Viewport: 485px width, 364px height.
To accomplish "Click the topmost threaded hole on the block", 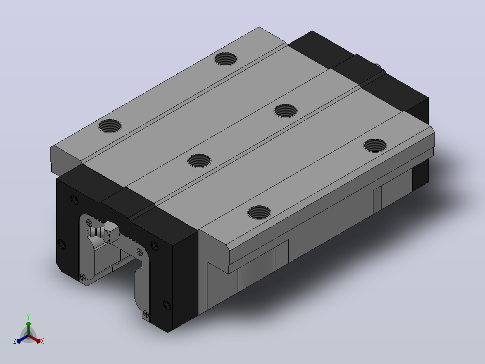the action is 225,59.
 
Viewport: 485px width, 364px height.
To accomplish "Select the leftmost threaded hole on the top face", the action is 109,126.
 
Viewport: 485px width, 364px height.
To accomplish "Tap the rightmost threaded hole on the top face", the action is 375,146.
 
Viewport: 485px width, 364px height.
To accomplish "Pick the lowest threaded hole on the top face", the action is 259,212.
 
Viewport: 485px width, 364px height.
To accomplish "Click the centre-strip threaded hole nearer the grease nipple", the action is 199,161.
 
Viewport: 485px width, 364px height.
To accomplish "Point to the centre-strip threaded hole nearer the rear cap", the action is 286,110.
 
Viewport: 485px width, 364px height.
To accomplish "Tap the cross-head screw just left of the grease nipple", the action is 89,223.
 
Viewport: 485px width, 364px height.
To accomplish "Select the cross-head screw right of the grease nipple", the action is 139,252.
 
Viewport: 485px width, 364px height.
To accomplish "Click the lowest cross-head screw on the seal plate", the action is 146,315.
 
